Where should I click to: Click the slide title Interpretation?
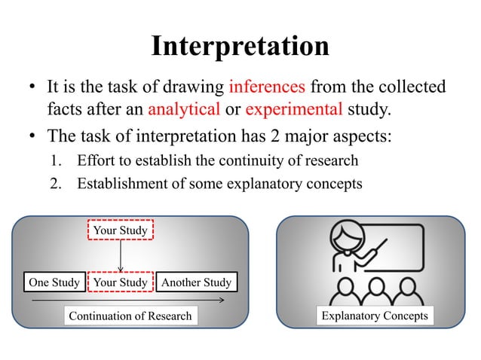pyautogui.click(x=240, y=47)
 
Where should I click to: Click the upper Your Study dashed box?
pyautogui.click(x=121, y=230)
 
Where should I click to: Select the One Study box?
pyautogui.click(x=54, y=282)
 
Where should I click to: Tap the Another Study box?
pyautogui.click(x=197, y=282)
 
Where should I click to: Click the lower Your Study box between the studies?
pyautogui.click(x=121, y=282)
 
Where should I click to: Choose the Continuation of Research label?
pyautogui.click(x=130, y=316)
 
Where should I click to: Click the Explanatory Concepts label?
pyautogui.click(x=375, y=316)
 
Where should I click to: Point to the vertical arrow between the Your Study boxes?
pyautogui.click(x=121, y=256)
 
